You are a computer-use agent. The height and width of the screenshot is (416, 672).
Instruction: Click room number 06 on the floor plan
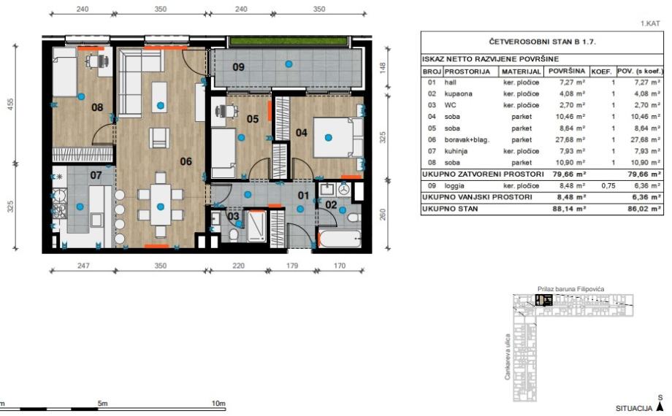(x=186, y=161)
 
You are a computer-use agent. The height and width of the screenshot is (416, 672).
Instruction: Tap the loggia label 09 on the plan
(x=238, y=67)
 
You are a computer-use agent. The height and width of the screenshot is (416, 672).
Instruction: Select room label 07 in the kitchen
(x=96, y=175)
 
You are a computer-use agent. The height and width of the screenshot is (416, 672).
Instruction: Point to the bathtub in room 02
(x=340, y=239)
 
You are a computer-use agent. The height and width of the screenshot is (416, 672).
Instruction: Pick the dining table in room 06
(x=160, y=205)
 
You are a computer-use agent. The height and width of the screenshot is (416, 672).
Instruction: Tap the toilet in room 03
(x=234, y=235)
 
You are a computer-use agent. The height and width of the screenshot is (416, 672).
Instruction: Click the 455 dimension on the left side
(x=11, y=104)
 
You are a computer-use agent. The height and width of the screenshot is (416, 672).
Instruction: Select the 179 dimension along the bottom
(x=292, y=266)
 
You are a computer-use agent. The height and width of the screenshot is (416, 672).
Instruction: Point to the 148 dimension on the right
(x=383, y=67)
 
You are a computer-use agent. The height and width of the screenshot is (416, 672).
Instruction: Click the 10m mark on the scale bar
(x=218, y=403)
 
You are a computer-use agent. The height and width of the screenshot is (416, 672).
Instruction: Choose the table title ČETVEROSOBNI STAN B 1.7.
(x=542, y=42)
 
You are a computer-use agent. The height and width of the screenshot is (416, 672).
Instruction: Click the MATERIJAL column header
(x=521, y=72)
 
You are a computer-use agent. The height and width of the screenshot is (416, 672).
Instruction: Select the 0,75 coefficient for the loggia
(x=608, y=186)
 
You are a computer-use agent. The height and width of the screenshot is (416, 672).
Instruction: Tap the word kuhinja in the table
(x=456, y=151)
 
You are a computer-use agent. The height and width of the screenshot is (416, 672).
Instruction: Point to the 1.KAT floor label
(x=650, y=23)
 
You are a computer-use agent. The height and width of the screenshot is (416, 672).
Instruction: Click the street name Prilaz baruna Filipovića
(x=571, y=289)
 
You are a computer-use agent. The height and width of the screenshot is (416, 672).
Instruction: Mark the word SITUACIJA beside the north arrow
(x=634, y=408)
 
